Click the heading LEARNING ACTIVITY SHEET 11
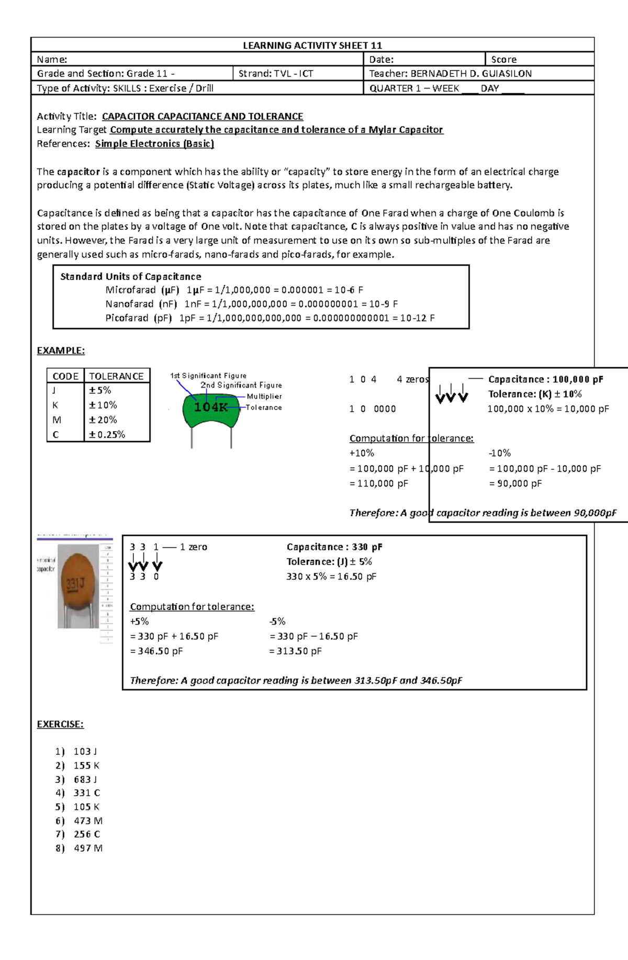pyautogui.click(x=312, y=46)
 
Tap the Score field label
pyautogui.click(x=503, y=60)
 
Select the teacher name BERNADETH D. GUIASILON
pyautogui.click(x=470, y=74)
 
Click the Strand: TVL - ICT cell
pyautogui.click(x=276, y=74)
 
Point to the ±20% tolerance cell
pyautogui.click(x=103, y=420)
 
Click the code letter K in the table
pyautogui.click(x=55, y=405)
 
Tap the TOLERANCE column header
pyautogui.click(x=116, y=376)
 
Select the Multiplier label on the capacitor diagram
pyautogui.click(x=264, y=397)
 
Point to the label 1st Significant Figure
pyautogui.click(x=208, y=376)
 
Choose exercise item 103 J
pyautogui.click(x=85, y=752)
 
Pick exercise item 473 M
pyautogui.click(x=88, y=821)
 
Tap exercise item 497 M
pyautogui.click(x=88, y=848)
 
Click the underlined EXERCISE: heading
pyautogui.click(x=60, y=724)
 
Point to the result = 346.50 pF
pyautogui.click(x=156, y=651)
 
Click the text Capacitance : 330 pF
pyautogui.click(x=334, y=547)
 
